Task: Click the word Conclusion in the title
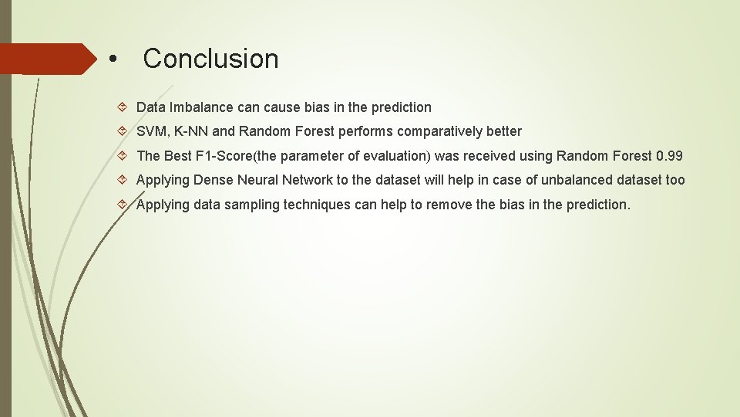(x=210, y=59)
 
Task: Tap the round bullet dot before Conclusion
(x=113, y=59)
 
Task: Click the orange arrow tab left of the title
(x=46, y=59)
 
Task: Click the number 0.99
(x=669, y=156)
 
